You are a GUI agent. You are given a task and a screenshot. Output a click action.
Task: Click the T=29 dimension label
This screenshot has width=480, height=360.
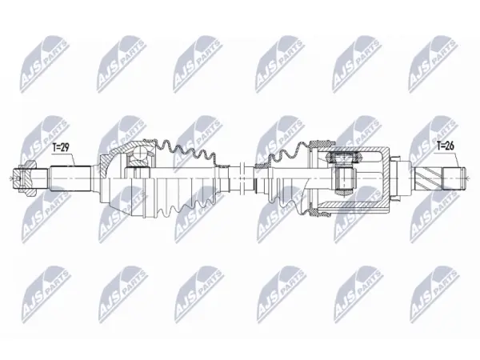click(x=61, y=147)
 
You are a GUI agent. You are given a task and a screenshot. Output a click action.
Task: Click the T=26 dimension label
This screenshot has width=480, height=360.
click(x=445, y=146)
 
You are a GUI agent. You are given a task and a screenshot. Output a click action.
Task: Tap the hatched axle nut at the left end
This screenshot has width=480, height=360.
click(x=25, y=178)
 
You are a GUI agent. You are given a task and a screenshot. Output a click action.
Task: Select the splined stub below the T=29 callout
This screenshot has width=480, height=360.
click(x=71, y=178)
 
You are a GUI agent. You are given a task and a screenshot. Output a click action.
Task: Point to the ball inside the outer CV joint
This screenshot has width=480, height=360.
click(x=140, y=152)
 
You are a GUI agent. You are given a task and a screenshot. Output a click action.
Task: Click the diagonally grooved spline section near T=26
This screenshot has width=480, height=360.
click(x=428, y=178)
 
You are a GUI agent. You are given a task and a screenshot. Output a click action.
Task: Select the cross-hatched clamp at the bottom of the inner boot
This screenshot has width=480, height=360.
click(x=320, y=213)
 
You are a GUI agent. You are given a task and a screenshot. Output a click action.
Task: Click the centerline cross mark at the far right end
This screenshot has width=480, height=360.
click(x=466, y=178)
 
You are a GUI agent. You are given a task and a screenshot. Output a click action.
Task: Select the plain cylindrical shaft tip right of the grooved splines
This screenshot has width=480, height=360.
click(x=454, y=178)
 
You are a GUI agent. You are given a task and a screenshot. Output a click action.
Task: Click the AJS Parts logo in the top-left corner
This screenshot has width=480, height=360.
click(x=45, y=64)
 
